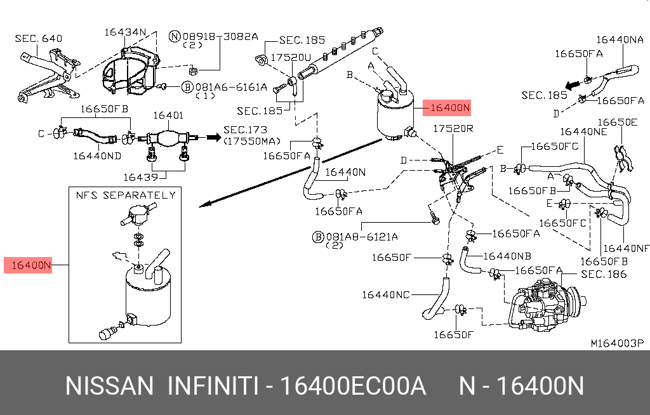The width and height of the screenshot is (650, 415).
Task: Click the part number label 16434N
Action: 126,32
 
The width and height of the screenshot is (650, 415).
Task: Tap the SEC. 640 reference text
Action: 39,39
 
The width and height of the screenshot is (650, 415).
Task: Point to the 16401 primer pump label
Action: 168,115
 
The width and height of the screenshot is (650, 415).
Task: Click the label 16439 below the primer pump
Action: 140,177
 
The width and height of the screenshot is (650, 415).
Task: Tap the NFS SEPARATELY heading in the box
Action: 125,195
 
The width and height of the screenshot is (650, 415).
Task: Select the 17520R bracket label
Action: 453,129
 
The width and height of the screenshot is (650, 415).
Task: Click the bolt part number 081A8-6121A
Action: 362,237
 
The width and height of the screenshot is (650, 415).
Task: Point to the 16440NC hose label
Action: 386,294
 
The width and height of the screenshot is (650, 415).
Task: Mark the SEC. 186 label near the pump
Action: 604,274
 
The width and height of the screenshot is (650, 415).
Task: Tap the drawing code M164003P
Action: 618,343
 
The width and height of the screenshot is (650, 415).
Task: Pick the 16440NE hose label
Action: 583,131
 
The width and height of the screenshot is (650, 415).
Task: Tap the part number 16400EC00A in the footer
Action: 353,385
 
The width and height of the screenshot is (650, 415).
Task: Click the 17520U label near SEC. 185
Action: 291,57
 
